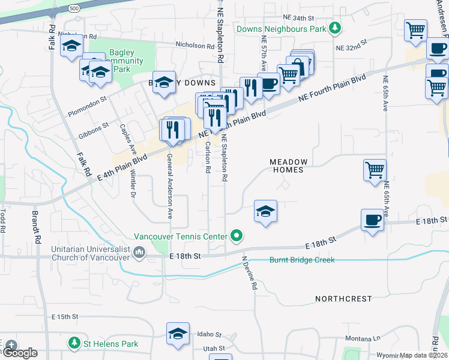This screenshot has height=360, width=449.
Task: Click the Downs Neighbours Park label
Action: point(281,28)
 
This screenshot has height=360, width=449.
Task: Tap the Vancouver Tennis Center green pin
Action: point(237,236)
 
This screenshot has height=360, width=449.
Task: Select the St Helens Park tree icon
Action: point(74,343)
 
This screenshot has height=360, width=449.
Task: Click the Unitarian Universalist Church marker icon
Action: point(140,251)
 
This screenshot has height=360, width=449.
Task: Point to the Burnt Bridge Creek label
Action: point(301,260)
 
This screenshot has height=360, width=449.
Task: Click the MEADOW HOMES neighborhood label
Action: point(289,166)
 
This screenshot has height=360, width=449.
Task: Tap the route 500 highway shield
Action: point(73,8)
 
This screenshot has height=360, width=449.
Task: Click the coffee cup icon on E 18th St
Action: point(372,220)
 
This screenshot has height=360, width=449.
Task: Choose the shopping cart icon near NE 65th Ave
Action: point(375,170)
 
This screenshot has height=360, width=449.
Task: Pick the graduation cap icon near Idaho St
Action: point(178,334)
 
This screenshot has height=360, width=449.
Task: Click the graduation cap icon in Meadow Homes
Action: point(265,211)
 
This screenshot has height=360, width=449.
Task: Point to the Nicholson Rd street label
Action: point(195,44)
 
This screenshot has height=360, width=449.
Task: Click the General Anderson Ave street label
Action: point(170,186)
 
